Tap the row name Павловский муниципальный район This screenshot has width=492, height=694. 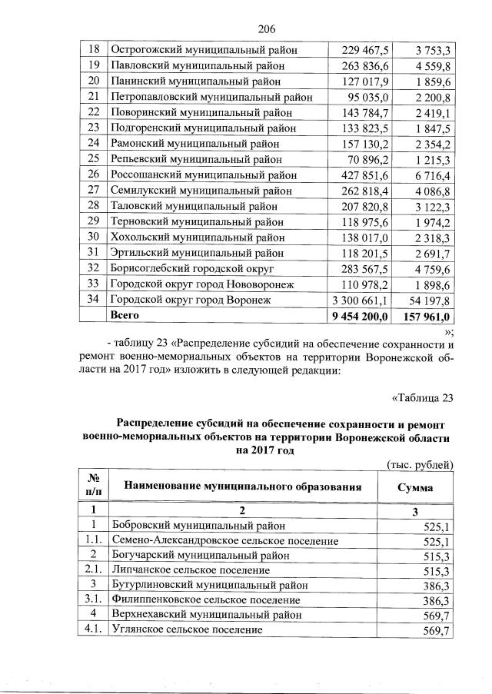(x=197, y=65)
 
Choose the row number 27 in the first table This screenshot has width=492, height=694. (x=94, y=190)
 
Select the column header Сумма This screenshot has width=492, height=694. (x=414, y=488)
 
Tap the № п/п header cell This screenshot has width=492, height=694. (x=94, y=487)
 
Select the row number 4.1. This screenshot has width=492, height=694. (x=94, y=630)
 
